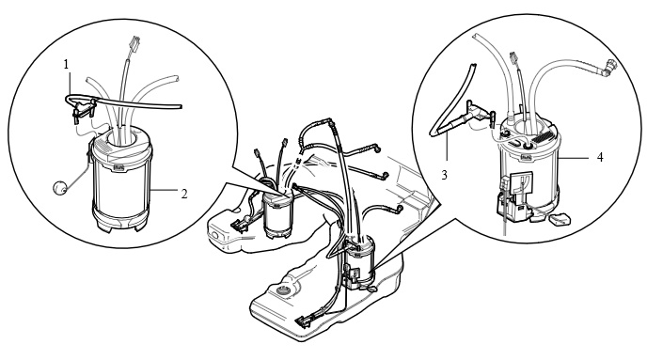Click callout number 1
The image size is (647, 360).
[x=66, y=64]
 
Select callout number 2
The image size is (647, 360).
[x=184, y=194]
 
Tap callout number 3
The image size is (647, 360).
[x=444, y=175]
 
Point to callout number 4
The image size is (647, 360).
[x=600, y=157]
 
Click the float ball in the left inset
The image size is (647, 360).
[x=60, y=187]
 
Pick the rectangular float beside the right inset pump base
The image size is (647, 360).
[x=560, y=219]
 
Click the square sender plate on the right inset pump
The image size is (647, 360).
[x=522, y=182]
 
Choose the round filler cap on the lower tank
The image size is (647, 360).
[x=283, y=290]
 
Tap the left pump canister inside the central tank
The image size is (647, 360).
[x=277, y=215]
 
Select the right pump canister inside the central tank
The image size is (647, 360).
[x=360, y=259]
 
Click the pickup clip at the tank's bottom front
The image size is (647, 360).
[x=307, y=320]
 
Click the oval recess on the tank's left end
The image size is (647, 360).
[x=215, y=236]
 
